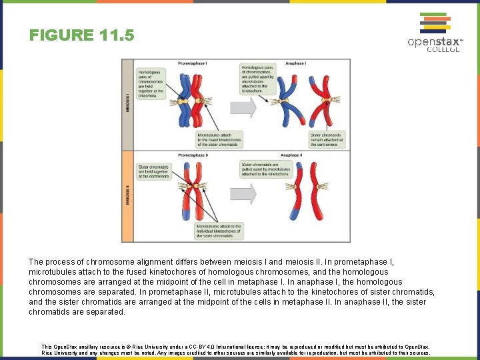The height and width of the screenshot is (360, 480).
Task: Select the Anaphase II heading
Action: coord(291,155)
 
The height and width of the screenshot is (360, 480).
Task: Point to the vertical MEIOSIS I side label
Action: coord(128,104)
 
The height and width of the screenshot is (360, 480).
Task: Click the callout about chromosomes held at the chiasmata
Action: coord(151,83)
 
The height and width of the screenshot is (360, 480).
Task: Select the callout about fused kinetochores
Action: coord(219,139)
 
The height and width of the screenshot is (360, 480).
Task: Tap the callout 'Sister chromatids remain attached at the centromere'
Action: coord(327,139)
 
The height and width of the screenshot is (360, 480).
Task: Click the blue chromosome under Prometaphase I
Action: coord(183,101)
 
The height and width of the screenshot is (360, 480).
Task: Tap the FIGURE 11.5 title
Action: coord(81,35)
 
